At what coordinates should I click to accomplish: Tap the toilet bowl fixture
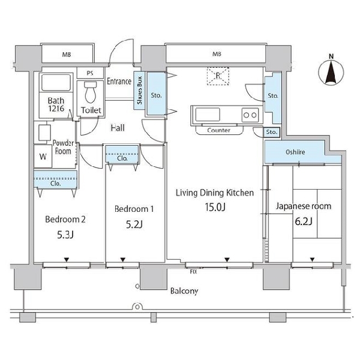91,92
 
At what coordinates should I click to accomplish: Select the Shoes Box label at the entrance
139,90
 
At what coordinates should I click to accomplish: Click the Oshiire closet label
295,152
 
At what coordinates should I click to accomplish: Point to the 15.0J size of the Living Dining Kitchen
215,207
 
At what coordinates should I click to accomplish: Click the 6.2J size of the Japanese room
304,221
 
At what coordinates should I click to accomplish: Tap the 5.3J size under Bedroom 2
65,235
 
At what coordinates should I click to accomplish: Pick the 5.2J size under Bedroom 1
134,224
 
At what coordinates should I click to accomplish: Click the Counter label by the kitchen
218,130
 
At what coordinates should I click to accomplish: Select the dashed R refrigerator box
218,76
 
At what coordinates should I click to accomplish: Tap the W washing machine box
43,157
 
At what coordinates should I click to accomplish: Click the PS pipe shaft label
90,73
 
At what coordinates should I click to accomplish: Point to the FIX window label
194,272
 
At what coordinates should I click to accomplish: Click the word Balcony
184,291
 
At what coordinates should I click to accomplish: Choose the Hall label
118,128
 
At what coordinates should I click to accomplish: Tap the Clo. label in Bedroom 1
122,158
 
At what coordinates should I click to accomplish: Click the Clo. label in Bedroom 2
56,184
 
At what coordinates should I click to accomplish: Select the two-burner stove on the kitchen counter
250,115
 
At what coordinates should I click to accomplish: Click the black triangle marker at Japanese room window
312,260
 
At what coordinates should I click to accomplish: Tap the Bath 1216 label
56,104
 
